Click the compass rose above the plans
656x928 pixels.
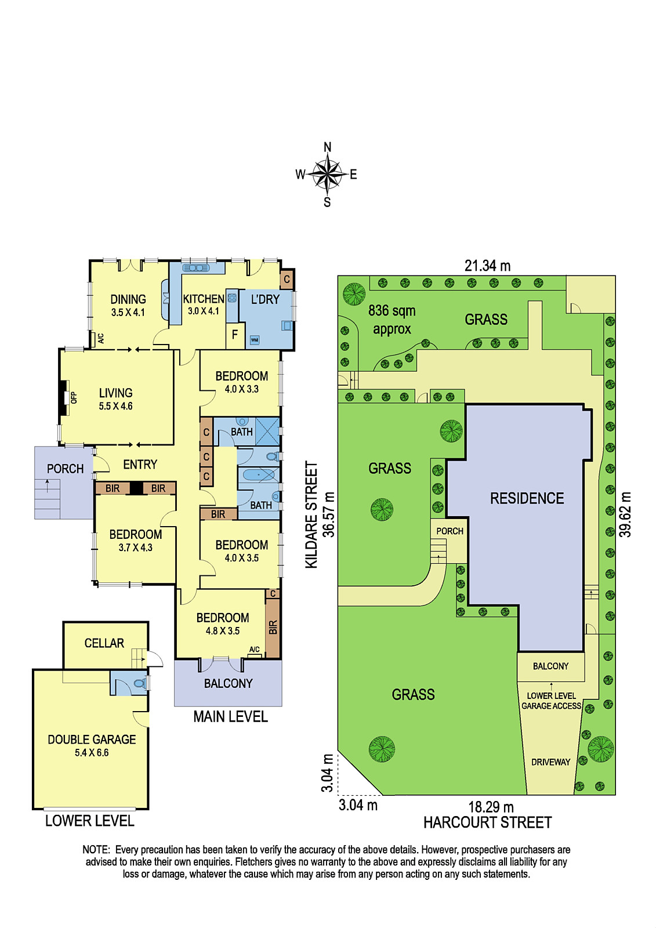tap(327, 175)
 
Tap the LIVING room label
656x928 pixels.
tap(115, 393)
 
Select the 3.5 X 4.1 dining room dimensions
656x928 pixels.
tap(128, 313)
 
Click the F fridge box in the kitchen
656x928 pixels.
tap(234, 334)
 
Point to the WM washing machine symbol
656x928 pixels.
tap(255, 340)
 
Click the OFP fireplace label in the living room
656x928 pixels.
tap(74, 398)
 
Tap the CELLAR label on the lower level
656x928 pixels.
tap(104, 643)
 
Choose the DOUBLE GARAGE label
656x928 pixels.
tap(92, 739)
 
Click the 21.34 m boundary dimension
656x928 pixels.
tap(487, 266)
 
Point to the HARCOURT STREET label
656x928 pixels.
tap(487, 822)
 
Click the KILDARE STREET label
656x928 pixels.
tap(311, 515)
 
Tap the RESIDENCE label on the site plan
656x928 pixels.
tap(527, 498)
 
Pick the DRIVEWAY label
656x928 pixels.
tap(551, 762)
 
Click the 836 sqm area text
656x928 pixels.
tap(392, 311)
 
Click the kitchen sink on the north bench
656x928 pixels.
tap(197, 268)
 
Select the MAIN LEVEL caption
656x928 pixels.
tap(230, 717)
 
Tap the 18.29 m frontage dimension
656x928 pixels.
tap(491, 807)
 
